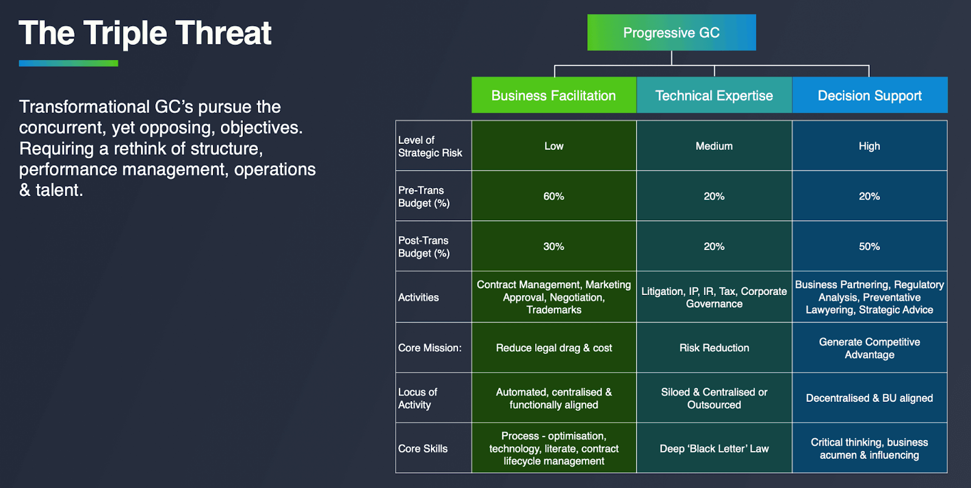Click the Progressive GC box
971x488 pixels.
click(x=671, y=33)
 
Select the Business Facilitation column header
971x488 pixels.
click(x=554, y=95)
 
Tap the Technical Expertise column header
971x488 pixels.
click(x=714, y=95)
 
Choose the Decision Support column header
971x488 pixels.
click(x=870, y=95)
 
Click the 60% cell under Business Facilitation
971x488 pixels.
click(x=554, y=196)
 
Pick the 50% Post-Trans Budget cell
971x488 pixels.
click(x=870, y=246)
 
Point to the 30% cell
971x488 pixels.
click(x=554, y=246)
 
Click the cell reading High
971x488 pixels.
click(x=870, y=146)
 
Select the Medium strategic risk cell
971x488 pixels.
click(x=714, y=146)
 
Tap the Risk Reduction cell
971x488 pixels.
click(x=714, y=348)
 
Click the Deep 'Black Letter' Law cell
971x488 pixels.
click(x=714, y=448)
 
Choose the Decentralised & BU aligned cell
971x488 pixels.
click(x=870, y=398)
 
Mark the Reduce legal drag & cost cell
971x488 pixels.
click(x=554, y=348)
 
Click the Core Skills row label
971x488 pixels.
click(x=422, y=449)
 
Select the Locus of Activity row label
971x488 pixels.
click(x=418, y=398)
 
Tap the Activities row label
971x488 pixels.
click(x=418, y=297)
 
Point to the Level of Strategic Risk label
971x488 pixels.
click(x=430, y=146)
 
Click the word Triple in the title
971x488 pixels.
click(x=125, y=34)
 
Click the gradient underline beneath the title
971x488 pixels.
click(x=69, y=63)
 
